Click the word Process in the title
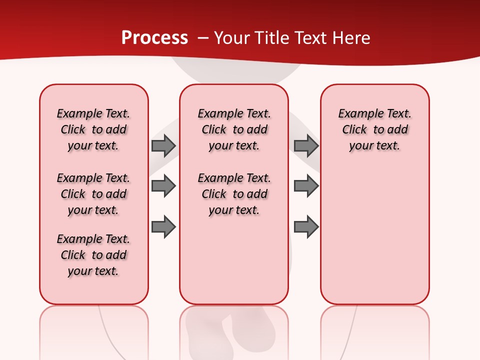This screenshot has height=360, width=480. click(x=154, y=38)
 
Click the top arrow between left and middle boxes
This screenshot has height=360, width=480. click(x=163, y=145)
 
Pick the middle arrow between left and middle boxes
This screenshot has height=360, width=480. click(x=163, y=186)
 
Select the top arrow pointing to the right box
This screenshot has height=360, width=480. click(x=306, y=145)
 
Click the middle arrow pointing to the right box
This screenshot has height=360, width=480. click(x=306, y=186)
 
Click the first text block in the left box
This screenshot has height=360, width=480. click(x=93, y=129)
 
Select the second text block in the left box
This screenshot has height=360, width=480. click(x=93, y=194)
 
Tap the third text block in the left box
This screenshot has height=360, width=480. click(x=93, y=255)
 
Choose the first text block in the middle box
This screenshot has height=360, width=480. click(x=234, y=129)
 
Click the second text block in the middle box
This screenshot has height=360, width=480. click(x=234, y=194)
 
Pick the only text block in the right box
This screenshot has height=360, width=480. click(x=374, y=129)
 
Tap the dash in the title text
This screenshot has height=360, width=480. click(x=203, y=38)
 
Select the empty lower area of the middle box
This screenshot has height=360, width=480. click(x=234, y=260)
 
